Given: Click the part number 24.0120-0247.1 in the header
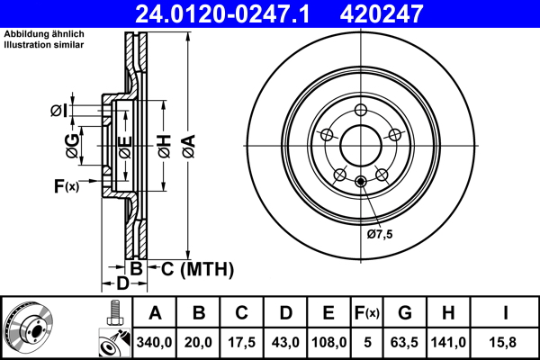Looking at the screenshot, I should pyautogui.click(x=229, y=13).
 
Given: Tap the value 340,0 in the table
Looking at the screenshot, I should pyautogui.click(x=155, y=343).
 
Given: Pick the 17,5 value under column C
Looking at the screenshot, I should pyautogui.click(x=241, y=343).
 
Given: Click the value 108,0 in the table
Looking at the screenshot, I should pyautogui.click(x=328, y=343).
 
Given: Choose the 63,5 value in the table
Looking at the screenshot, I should pyautogui.click(x=405, y=343).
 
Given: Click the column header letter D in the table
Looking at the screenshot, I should pyautogui.click(x=285, y=314).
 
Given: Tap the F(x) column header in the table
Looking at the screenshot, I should pyautogui.click(x=366, y=314).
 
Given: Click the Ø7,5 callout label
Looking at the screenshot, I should pyautogui.click(x=380, y=234).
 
